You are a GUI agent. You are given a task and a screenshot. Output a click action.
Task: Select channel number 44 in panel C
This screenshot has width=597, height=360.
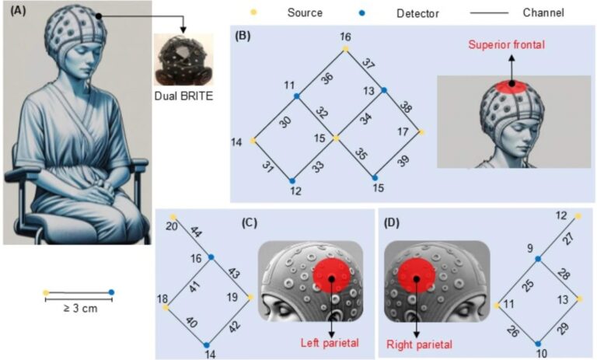coord(197,232)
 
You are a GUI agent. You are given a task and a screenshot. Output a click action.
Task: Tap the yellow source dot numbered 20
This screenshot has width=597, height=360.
coord(173,216)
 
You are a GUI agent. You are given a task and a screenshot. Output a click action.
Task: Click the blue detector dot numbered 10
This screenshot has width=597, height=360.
coord(538,342)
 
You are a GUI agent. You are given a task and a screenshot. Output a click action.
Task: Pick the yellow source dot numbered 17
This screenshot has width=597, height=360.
coord(421,132)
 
